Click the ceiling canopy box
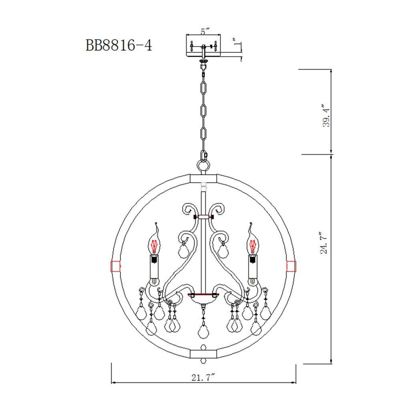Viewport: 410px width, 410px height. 204,46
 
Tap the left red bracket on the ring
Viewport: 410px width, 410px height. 116,265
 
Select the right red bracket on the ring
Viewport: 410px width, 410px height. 291,265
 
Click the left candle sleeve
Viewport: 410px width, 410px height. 155,268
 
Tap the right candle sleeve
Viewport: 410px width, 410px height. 252,268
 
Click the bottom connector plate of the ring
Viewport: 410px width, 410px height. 204,354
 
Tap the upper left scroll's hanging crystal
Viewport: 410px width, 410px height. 183,250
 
